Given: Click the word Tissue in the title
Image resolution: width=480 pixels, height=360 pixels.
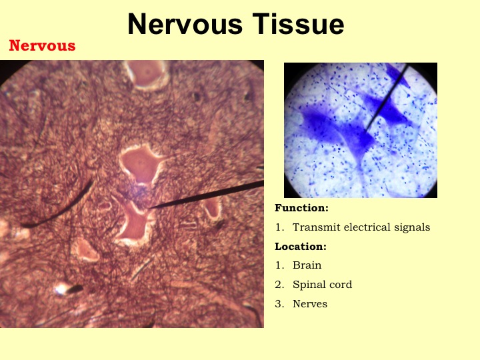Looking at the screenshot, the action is click(298, 24).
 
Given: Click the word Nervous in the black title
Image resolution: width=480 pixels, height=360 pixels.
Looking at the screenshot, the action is click(185, 24).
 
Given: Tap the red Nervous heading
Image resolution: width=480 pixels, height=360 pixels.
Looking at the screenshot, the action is click(42, 45).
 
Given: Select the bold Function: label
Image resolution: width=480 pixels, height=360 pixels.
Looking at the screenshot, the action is click(301, 208).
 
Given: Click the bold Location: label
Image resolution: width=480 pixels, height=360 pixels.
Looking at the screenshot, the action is click(301, 247).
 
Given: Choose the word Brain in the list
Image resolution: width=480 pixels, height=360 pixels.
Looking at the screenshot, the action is click(307, 265).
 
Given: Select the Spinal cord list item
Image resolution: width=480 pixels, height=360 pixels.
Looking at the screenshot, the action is click(323, 285).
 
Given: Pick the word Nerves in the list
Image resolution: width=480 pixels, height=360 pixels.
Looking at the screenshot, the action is click(310, 304).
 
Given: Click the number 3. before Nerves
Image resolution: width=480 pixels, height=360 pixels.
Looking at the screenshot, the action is click(279, 304).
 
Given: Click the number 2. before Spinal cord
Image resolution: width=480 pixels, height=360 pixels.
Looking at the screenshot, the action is click(279, 285).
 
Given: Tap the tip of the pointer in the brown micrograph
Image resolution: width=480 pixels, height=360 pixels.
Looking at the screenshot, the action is click(149, 208).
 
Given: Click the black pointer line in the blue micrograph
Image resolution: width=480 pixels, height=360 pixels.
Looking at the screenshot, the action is click(386, 99).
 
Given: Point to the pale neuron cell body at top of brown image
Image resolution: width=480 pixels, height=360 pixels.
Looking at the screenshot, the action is click(146, 75).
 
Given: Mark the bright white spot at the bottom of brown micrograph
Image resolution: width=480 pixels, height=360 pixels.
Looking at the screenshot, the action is click(61, 289).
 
